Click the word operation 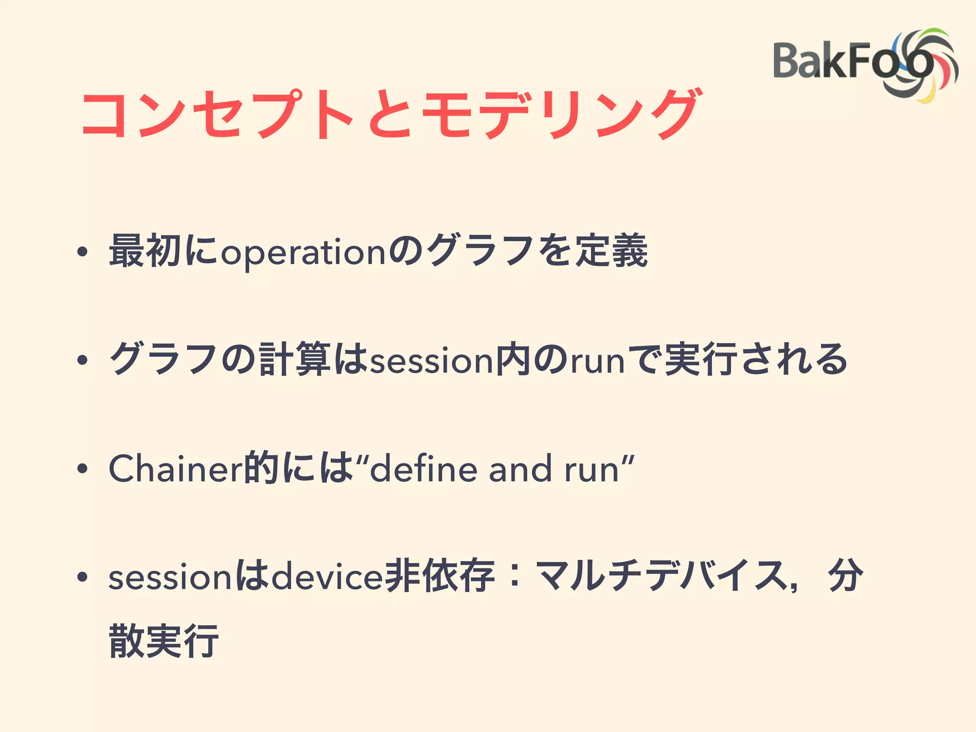pyautogui.click(x=303, y=253)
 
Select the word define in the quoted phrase pyautogui.click(x=424, y=469)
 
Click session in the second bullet pyautogui.click(x=432, y=361)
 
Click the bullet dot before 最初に pyautogui.click(x=82, y=253)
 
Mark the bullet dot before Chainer pyautogui.click(x=82, y=469)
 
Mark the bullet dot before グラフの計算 pyautogui.click(x=82, y=361)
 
